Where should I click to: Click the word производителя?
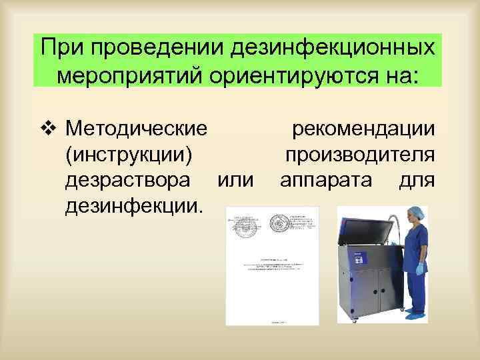(x=361, y=154)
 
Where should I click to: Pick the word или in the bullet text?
(x=237, y=181)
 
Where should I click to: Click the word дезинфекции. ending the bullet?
(x=133, y=208)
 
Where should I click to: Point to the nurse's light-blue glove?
(x=420, y=269)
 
